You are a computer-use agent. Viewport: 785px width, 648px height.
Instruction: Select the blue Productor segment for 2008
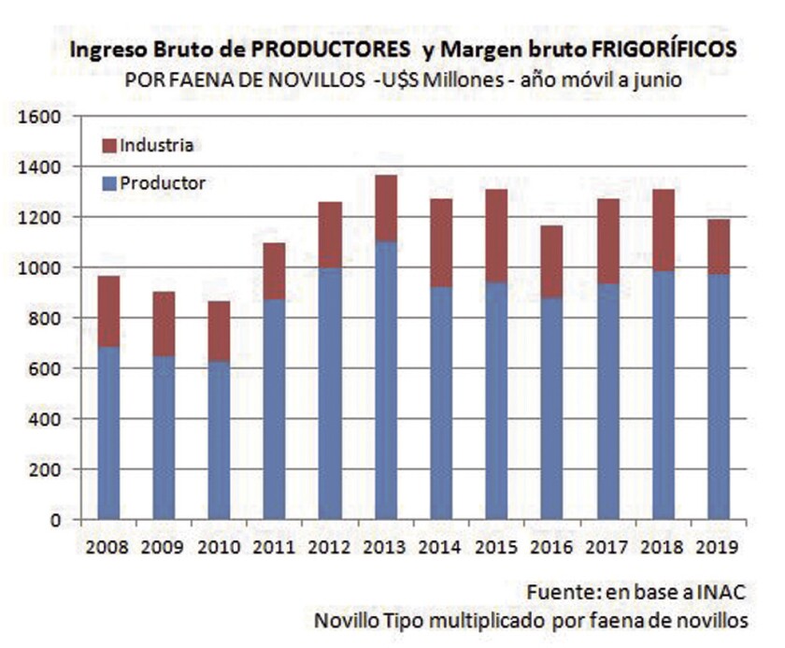pos(108,432)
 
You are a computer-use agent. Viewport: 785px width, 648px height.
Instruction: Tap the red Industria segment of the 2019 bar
pos(718,246)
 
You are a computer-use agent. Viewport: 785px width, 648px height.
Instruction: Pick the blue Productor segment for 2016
pos(551,408)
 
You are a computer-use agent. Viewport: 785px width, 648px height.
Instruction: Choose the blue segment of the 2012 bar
pos(330,393)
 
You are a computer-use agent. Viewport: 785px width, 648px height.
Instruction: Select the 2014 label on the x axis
pos(440,546)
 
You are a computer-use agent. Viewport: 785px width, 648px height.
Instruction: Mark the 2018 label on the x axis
pos(662,546)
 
